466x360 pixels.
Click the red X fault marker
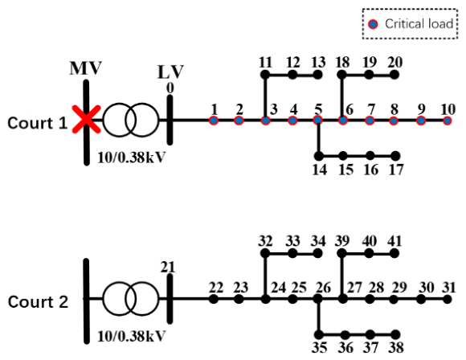click(x=87, y=119)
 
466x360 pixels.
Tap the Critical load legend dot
click(x=373, y=24)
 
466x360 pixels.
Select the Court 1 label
click(x=38, y=123)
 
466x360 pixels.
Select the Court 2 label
click(x=38, y=301)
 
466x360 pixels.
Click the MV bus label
click(x=86, y=68)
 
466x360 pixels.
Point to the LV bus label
click(x=170, y=72)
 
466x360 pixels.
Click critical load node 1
click(x=214, y=121)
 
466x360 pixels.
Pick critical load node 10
click(x=448, y=121)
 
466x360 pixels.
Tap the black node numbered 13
click(x=318, y=75)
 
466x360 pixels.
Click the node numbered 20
click(x=394, y=75)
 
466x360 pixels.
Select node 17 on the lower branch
click(x=395, y=155)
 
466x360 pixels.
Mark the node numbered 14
click(x=319, y=155)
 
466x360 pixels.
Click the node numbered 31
click(x=448, y=300)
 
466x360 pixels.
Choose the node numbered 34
click(x=318, y=254)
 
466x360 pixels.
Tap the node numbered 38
click(x=395, y=334)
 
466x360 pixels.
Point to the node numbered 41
click(x=394, y=254)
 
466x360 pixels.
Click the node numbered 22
click(x=214, y=299)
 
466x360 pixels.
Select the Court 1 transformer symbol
click(x=131, y=120)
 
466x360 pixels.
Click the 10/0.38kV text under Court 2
click(x=131, y=336)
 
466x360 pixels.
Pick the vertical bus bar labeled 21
click(x=170, y=299)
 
